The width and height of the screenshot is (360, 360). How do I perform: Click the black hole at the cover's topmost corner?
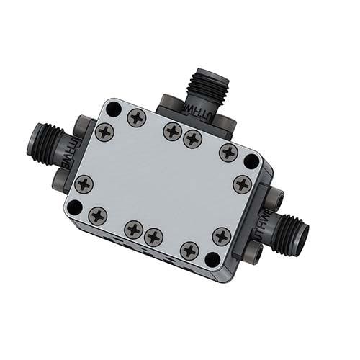[x=112, y=109]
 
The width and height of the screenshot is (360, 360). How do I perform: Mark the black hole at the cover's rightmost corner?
[x=251, y=161]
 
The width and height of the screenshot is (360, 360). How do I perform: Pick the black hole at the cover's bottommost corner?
[x=212, y=258]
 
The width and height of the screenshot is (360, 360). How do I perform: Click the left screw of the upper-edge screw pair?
[x=172, y=130]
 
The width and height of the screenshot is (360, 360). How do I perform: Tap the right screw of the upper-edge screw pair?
[x=192, y=138]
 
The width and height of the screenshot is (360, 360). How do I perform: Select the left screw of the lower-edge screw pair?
[x=133, y=230]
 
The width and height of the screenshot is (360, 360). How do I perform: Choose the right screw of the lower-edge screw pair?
[x=153, y=236]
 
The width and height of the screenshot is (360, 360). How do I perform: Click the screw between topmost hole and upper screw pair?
[x=137, y=117]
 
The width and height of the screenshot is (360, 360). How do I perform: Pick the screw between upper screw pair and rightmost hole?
[x=228, y=152]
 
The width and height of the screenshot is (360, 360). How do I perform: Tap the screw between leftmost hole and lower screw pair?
[x=97, y=215]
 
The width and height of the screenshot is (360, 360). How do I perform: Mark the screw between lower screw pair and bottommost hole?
[x=189, y=250]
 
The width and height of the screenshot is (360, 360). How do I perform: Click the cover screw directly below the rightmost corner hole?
[x=242, y=184]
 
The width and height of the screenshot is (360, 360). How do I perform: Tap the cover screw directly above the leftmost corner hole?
[x=84, y=184]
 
